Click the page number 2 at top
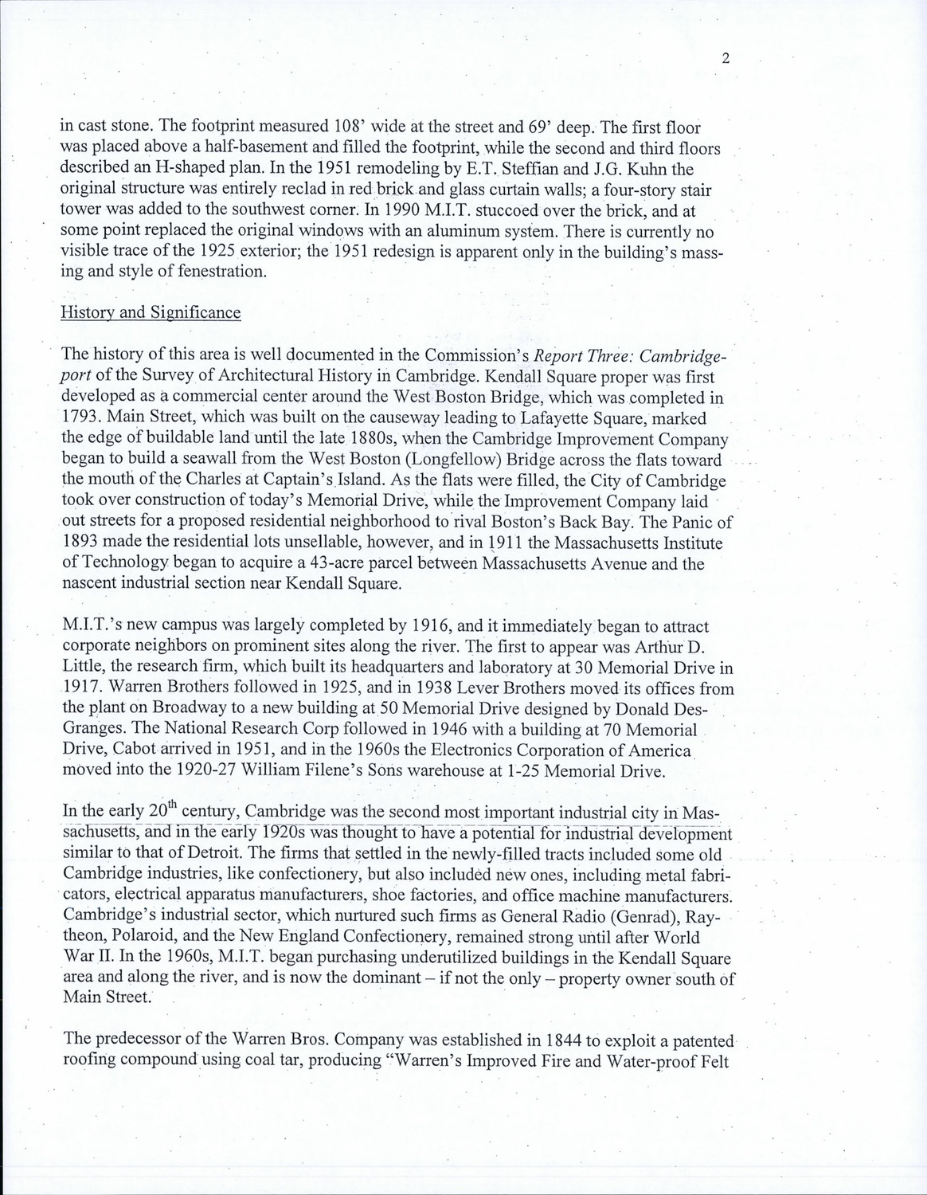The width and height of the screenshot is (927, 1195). [x=726, y=57]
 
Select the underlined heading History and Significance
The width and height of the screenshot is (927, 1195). [x=151, y=312]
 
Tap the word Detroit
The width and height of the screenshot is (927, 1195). [x=190, y=855]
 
